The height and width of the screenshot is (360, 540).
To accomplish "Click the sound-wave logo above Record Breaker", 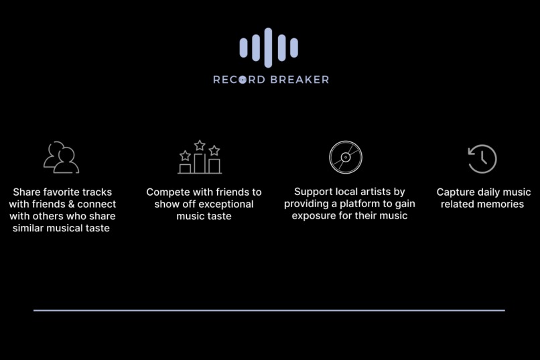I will point(269,48).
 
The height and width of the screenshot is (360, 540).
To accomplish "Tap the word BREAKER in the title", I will point(299,80).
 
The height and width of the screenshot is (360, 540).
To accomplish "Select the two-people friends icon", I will point(61,158).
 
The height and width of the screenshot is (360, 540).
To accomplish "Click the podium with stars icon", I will point(200,158).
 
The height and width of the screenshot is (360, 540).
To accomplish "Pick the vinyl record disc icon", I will point(346,158).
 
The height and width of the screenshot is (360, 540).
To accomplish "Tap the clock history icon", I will point(482,159).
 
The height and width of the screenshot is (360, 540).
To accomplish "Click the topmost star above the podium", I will point(200,145).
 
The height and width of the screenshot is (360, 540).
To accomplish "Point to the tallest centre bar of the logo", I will point(269,48).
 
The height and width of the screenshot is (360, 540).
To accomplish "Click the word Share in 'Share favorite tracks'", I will point(27,192).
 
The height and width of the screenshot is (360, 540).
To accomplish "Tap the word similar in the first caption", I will point(31,229).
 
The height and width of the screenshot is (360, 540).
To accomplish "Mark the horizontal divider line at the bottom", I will point(269,310).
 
